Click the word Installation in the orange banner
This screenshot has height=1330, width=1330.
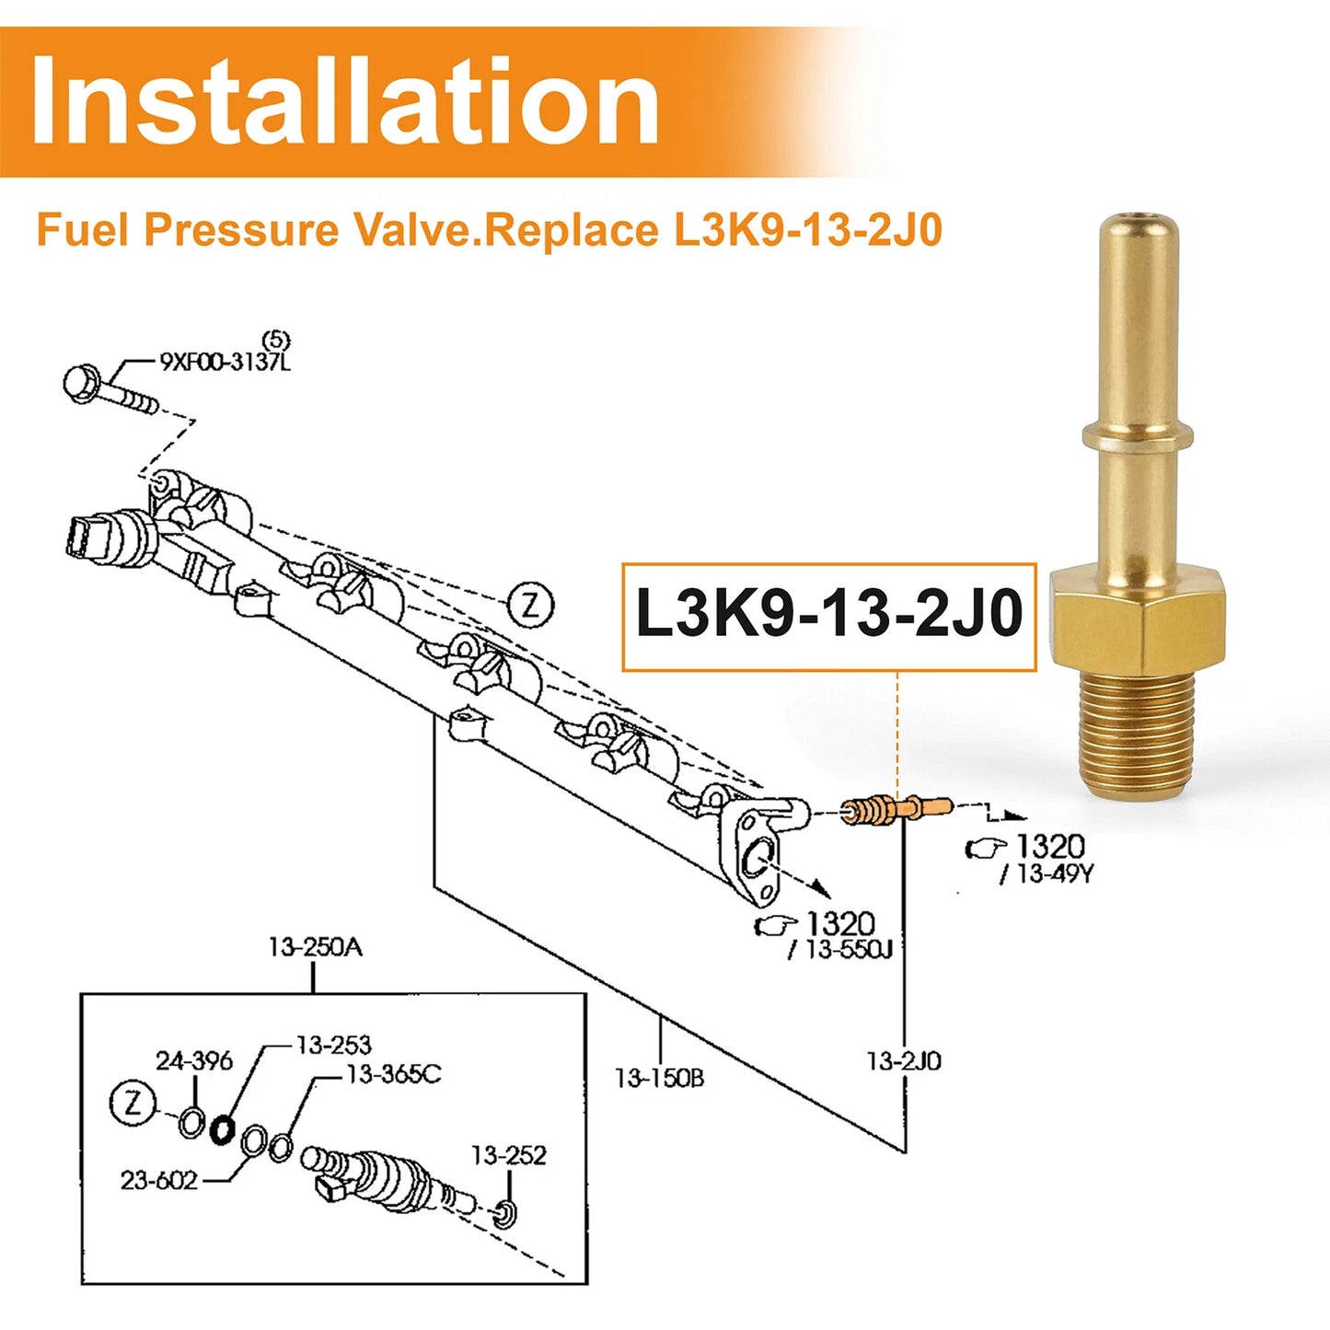pos(344,100)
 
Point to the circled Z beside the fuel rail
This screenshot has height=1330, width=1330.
pos(531,607)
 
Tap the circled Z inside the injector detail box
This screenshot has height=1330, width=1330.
pos(133,1104)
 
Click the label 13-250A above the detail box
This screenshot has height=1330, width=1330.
pos(316,948)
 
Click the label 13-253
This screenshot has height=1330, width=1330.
pos(334,1045)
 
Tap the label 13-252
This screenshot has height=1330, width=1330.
pos(509,1155)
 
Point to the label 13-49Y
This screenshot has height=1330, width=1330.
pos(1047,873)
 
